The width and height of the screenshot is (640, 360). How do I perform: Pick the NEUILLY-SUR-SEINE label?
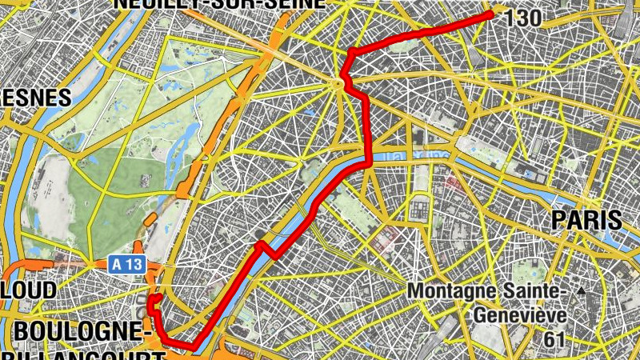220,3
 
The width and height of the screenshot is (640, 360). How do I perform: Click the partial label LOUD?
28,290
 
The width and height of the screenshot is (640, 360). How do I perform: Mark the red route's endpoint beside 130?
490,14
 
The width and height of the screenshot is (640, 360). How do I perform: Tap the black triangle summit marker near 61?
581,292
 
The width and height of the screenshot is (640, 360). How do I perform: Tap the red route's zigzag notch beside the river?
265,247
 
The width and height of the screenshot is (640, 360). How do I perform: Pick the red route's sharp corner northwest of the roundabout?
350,53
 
